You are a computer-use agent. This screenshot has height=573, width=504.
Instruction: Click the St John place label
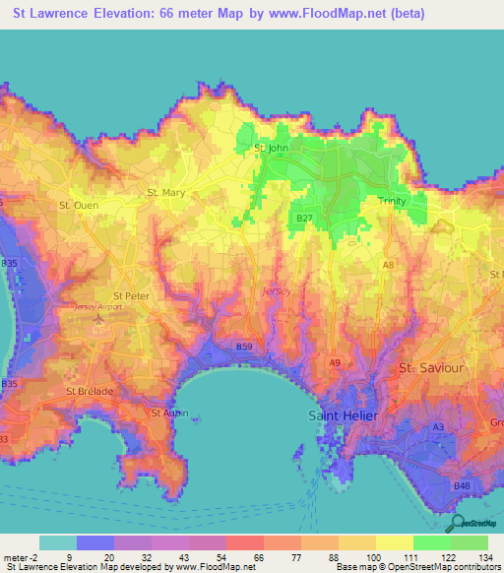pos(271,149)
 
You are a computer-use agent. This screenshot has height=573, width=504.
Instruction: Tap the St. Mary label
pos(164,193)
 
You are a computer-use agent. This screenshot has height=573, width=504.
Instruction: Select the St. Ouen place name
pos(79,206)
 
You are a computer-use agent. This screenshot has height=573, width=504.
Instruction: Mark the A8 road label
pos(389,265)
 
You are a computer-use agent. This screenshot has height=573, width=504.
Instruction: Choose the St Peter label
pos(131,295)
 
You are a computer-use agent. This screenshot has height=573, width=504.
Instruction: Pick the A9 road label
pos(335,363)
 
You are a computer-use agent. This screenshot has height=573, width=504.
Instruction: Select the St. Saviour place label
pos(430,367)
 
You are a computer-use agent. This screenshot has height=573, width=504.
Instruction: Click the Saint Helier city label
pos(343,414)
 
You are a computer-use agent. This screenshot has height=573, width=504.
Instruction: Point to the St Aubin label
pos(166,413)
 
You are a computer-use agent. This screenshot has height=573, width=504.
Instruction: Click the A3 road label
pos(438,426)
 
